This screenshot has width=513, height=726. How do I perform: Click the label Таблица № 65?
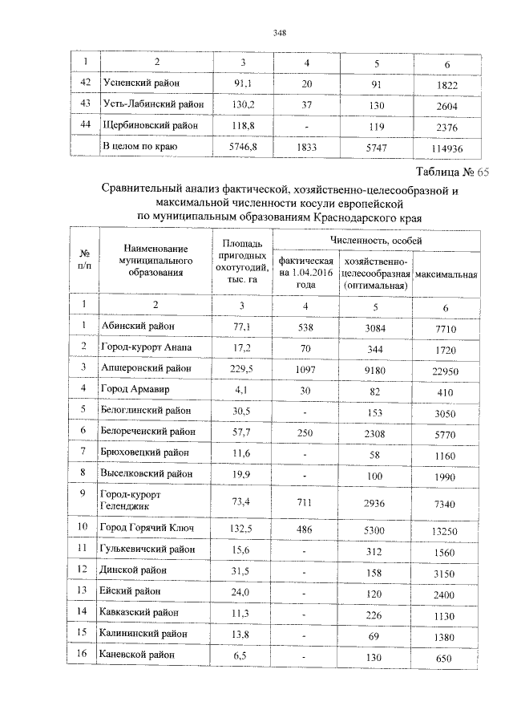tap(452, 172)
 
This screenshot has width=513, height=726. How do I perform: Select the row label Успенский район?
tap(142, 83)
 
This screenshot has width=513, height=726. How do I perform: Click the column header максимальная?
tap(446, 274)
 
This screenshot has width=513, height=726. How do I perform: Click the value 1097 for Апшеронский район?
tap(305, 367)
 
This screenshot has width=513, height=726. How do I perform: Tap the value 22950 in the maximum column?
tap(446, 369)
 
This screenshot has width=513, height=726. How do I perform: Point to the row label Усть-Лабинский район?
tap(153, 104)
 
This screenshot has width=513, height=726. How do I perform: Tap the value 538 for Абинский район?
tap(305, 325)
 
